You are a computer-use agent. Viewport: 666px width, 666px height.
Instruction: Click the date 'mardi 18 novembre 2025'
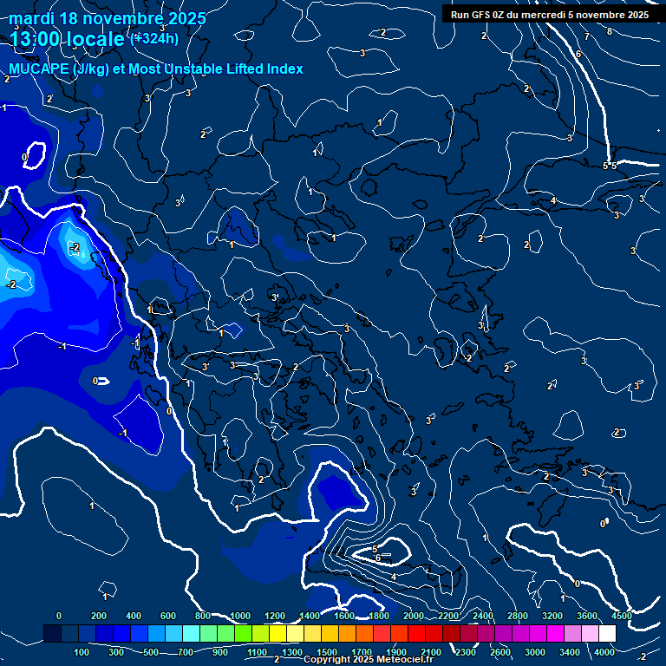[x=108, y=18]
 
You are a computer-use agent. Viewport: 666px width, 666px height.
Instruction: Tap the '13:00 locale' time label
[x=68, y=38]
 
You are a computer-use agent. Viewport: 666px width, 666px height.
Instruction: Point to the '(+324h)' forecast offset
[x=153, y=38]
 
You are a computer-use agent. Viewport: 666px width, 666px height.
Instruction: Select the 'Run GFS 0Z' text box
[x=550, y=15]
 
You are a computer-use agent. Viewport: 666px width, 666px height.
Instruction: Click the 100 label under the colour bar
[x=82, y=652]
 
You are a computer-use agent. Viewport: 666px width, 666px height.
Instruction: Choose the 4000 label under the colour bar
[x=604, y=652]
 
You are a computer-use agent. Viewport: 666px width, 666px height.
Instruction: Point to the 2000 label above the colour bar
[x=414, y=616]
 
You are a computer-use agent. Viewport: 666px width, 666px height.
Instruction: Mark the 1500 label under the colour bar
[x=327, y=652]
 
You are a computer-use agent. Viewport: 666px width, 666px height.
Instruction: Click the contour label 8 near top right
[x=609, y=32]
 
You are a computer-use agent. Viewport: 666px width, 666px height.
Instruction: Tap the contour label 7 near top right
[x=586, y=37]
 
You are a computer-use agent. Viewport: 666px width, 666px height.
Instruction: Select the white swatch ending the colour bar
[x=607, y=634]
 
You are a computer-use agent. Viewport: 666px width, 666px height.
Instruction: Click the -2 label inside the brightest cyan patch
[x=75, y=248]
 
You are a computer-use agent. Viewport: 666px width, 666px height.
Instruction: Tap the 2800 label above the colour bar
[x=518, y=616]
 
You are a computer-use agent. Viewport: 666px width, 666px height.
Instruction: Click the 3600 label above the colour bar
[x=587, y=616]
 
